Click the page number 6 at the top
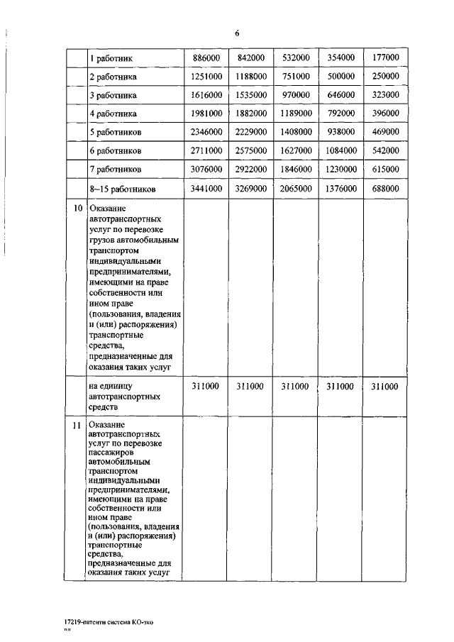pyautogui.click(x=238, y=33)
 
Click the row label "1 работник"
pyautogui.click(x=111, y=58)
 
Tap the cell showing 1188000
pyautogui.click(x=251, y=76)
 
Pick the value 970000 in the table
pyautogui.click(x=295, y=94)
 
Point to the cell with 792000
pyautogui.click(x=340, y=114)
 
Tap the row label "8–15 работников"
pyautogui.click(x=121, y=189)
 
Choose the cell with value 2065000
pyautogui.click(x=295, y=189)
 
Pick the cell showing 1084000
pyautogui.click(x=340, y=151)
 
